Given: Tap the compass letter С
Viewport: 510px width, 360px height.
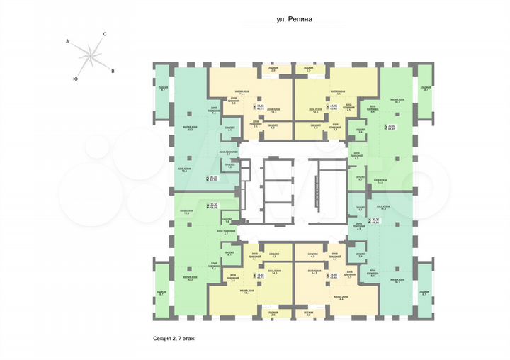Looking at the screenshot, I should (x=104, y=35).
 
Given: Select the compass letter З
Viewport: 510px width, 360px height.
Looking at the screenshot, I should (x=68, y=43).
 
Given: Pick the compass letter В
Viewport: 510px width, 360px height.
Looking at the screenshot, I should (x=113, y=71).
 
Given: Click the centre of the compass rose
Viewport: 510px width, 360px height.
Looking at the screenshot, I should (x=90, y=56).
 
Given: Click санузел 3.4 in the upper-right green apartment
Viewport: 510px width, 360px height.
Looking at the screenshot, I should (x=360, y=132).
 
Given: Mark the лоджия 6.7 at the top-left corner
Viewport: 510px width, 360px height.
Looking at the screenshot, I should (x=163, y=89).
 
